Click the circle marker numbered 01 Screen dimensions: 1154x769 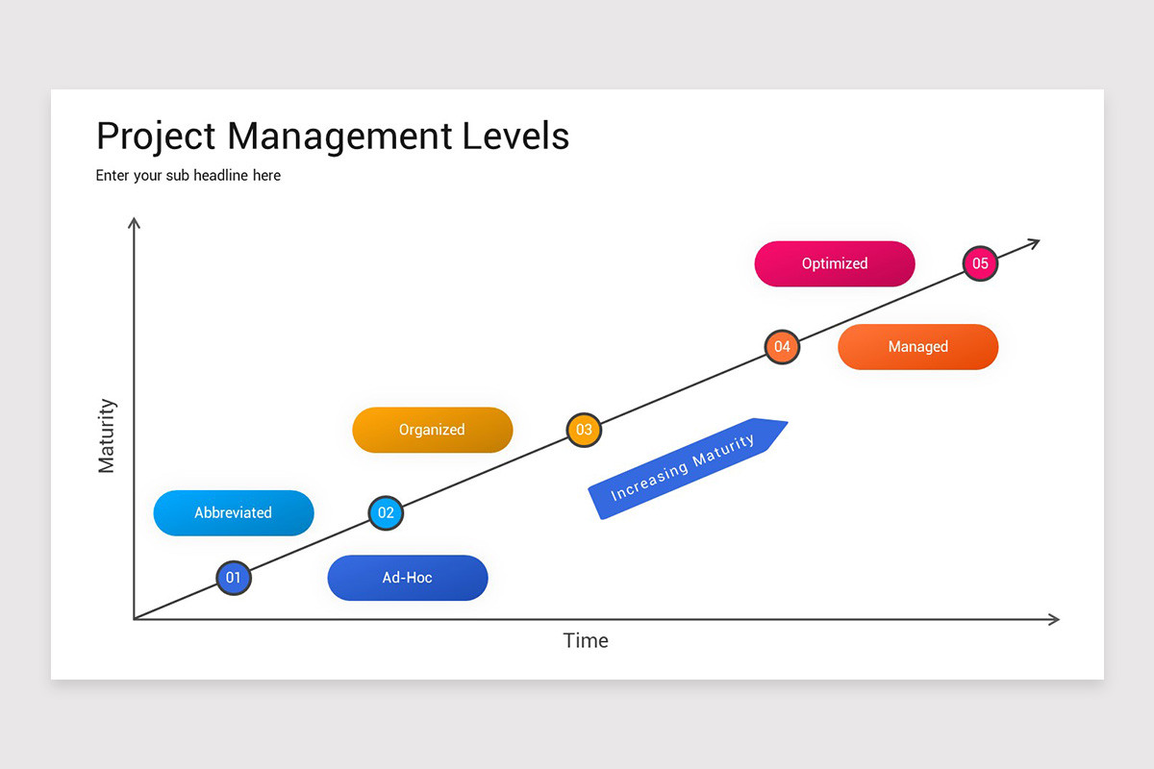point(234,578)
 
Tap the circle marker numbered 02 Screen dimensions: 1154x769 point(386,513)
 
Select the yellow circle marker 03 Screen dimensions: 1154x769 point(584,430)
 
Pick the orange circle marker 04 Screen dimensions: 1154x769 point(782,347)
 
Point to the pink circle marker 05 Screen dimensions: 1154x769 point(980,263)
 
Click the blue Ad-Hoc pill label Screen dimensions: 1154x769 point(408,578)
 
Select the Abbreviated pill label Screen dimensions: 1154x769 point(234,513)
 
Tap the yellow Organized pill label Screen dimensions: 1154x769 point(432,430)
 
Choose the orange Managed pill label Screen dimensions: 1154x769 point(918,347)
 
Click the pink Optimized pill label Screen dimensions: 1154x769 point(835,263)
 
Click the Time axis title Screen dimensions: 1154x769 point(586,641)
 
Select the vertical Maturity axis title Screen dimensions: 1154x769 point(107,435)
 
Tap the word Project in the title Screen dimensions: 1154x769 point(156,137)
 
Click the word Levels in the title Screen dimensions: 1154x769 point(515,136)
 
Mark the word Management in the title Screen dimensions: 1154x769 point(339,137)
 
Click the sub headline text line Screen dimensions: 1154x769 point(188,176)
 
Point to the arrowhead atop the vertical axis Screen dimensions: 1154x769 point(134,222)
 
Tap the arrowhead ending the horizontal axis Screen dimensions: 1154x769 point(1054,620)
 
